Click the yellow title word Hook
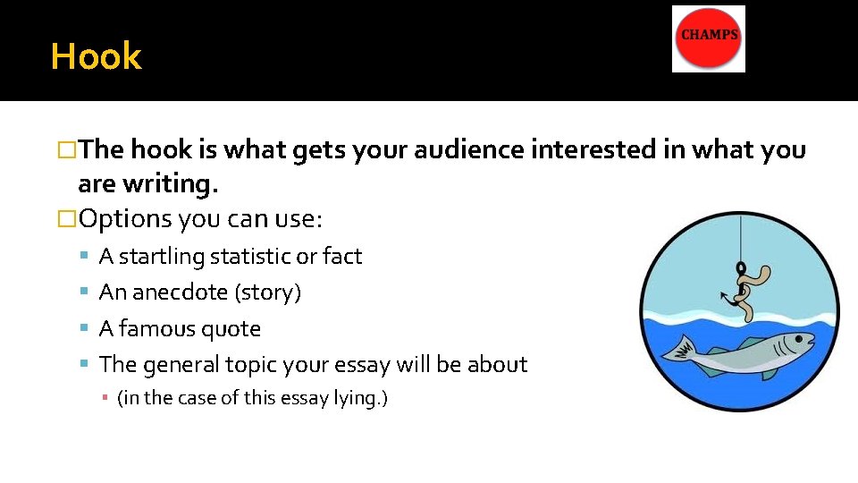96,56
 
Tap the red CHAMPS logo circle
709,38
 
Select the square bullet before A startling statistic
82,257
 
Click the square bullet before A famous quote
82,329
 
